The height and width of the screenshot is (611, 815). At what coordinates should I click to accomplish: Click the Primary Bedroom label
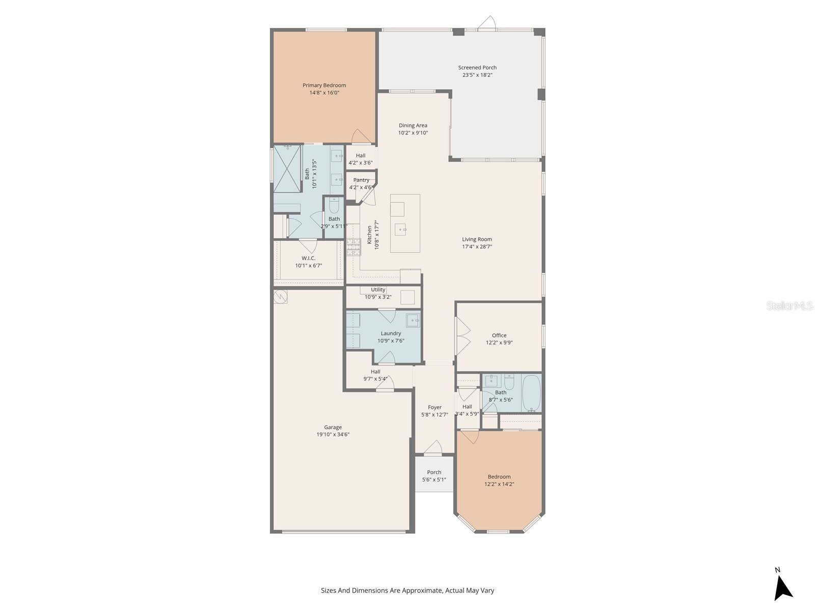pyautogui.click(x=324, y=86)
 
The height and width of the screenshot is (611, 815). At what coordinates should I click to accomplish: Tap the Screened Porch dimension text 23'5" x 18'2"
pyautogui.click(x=477, y=75)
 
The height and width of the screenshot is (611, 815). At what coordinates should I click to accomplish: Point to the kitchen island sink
pyautogui.click(x=400, y=229)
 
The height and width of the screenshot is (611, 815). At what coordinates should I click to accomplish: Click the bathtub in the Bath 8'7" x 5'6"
pyautogui.click(x=532, y=393)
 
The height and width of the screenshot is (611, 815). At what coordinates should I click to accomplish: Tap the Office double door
pyautogui.click(x=463, y=336)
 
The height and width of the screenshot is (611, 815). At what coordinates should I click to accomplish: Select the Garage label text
pyautogui.click(x=333, y=427)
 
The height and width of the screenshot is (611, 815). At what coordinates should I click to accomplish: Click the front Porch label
pyautogui.click(x=434, y=472)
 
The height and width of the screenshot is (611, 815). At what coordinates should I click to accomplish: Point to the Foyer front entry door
pyautogui.click(x=433, y=448)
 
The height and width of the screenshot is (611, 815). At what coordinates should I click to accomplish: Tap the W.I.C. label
pyautogui.click(x=308, y=258)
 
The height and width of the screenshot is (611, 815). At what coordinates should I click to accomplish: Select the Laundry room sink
pyautogui.click(x=413, y=320)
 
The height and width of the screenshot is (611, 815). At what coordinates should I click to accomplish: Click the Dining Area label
pyautogui.click(x=413, y=125)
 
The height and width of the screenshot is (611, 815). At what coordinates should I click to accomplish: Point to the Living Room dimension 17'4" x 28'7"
pyautogui.click(x=477, y=246)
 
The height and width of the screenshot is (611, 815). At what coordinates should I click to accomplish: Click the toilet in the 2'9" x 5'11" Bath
pyautogui.click(x=334, y=206)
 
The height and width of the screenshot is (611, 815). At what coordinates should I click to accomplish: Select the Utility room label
pyautogui.click(x=378, y=290)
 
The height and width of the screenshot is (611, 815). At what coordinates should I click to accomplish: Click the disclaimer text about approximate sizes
pyautogui.click(x=407, y=591)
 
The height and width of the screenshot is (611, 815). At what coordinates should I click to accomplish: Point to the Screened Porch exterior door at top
pyautogui.click(x=488, y=23)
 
